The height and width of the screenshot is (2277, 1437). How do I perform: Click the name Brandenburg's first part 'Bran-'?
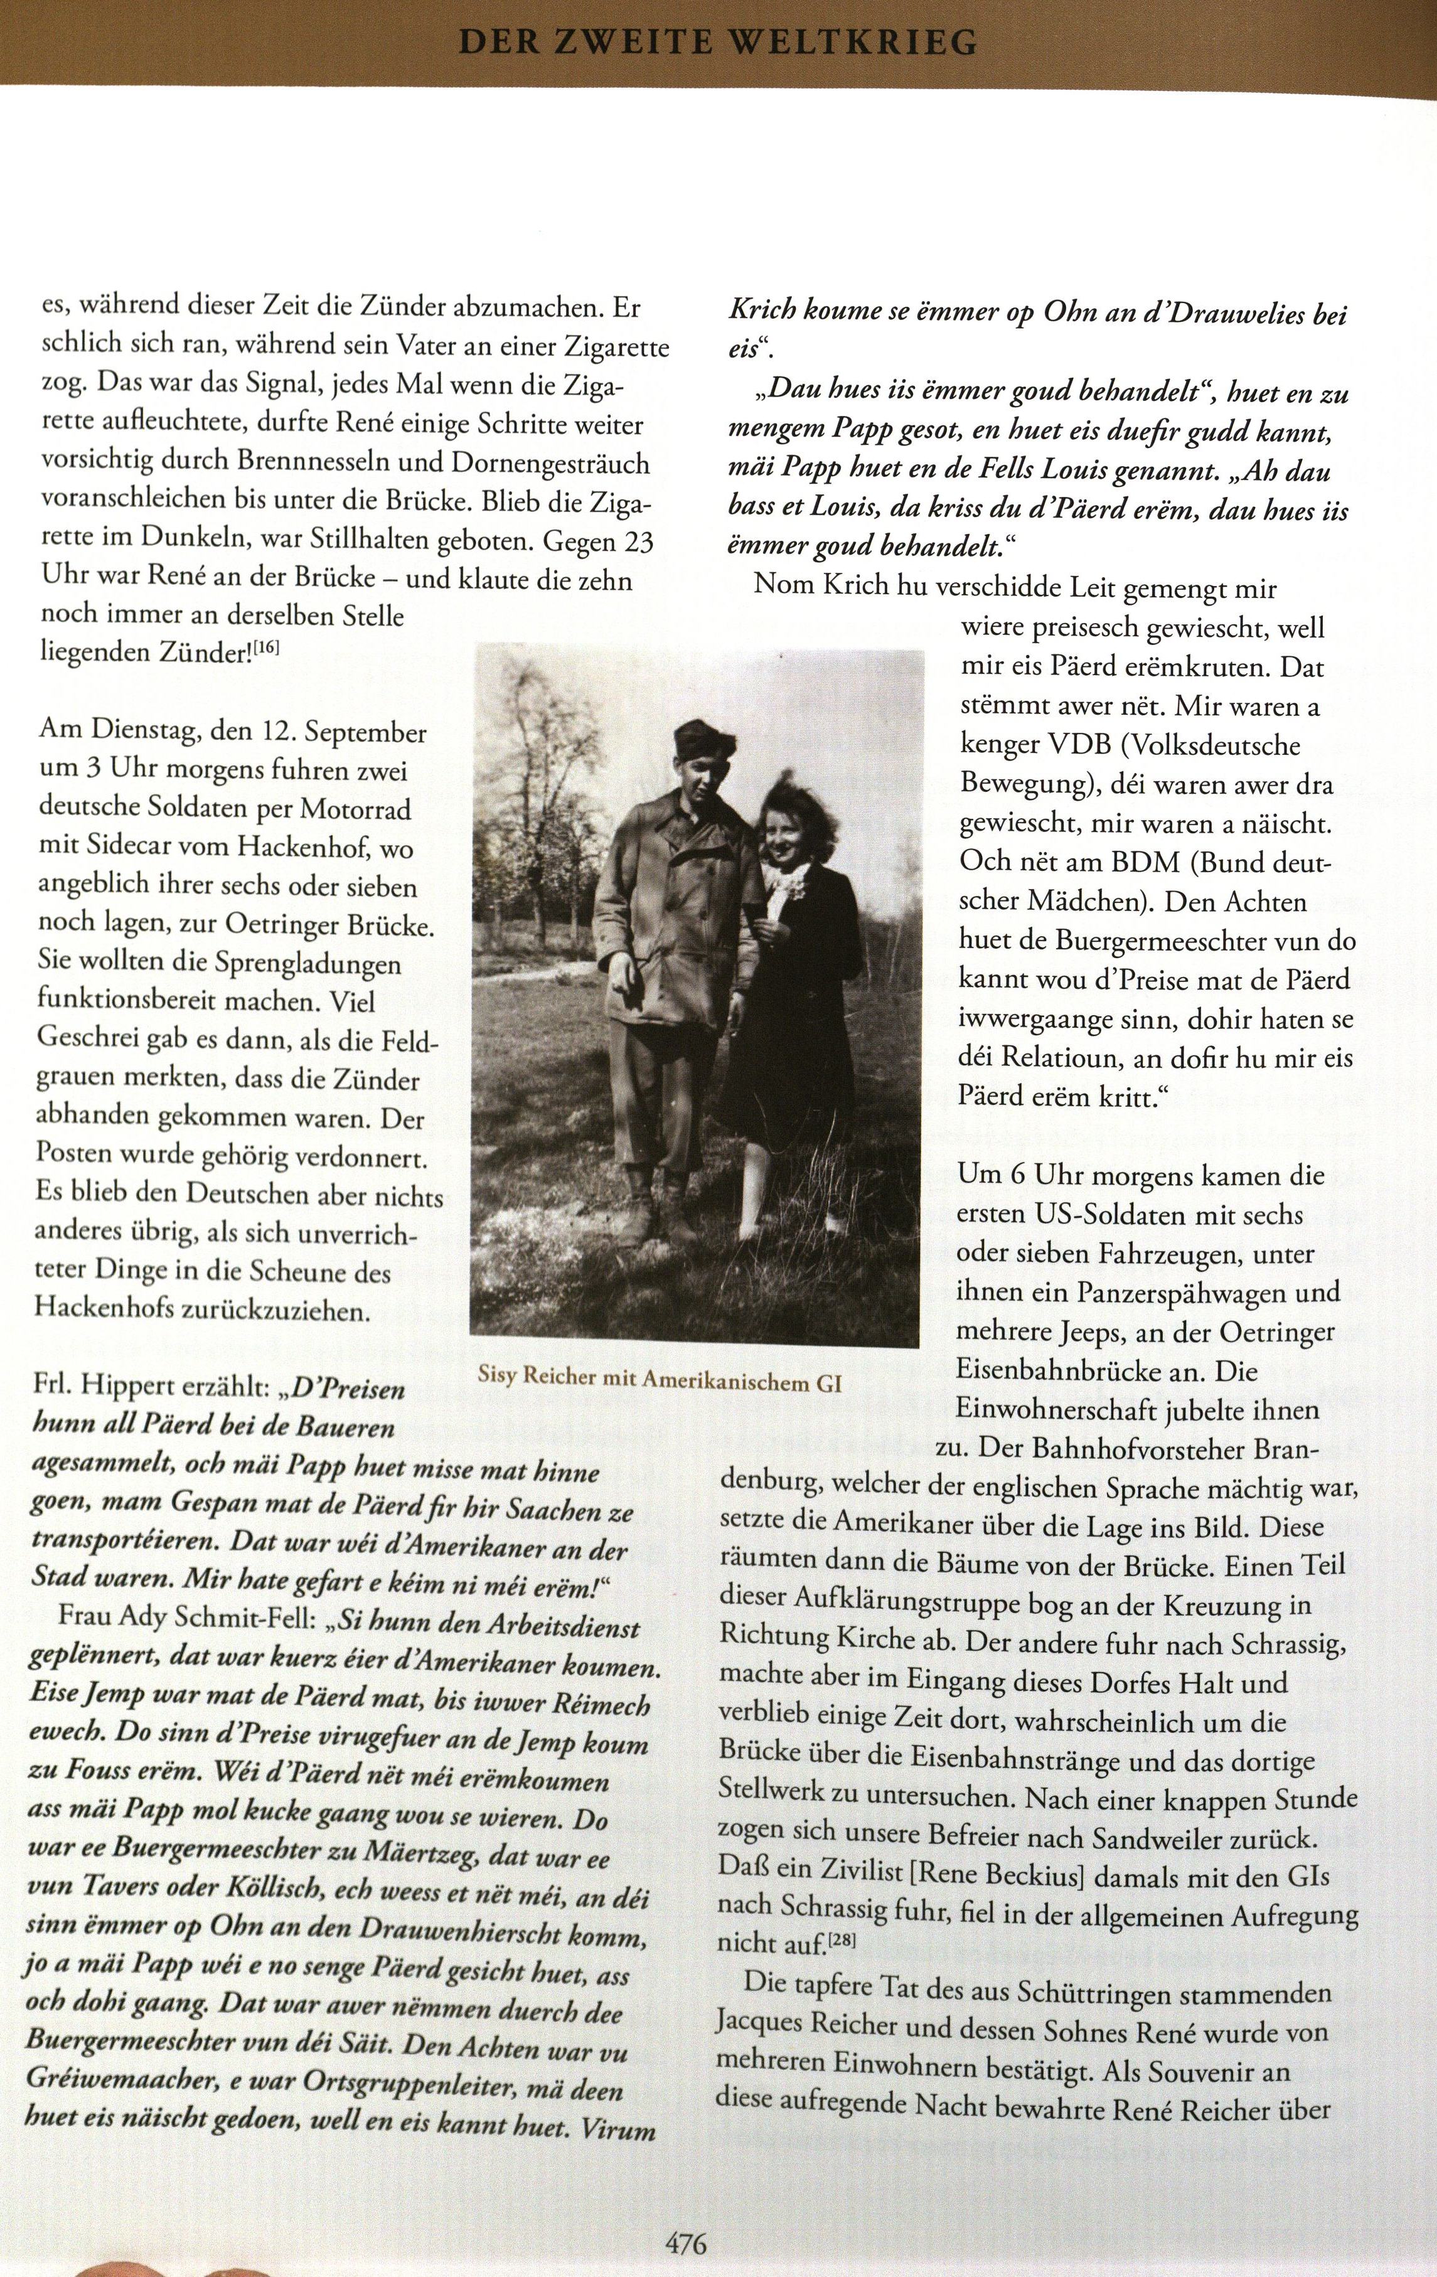(x=1320, y=1449)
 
